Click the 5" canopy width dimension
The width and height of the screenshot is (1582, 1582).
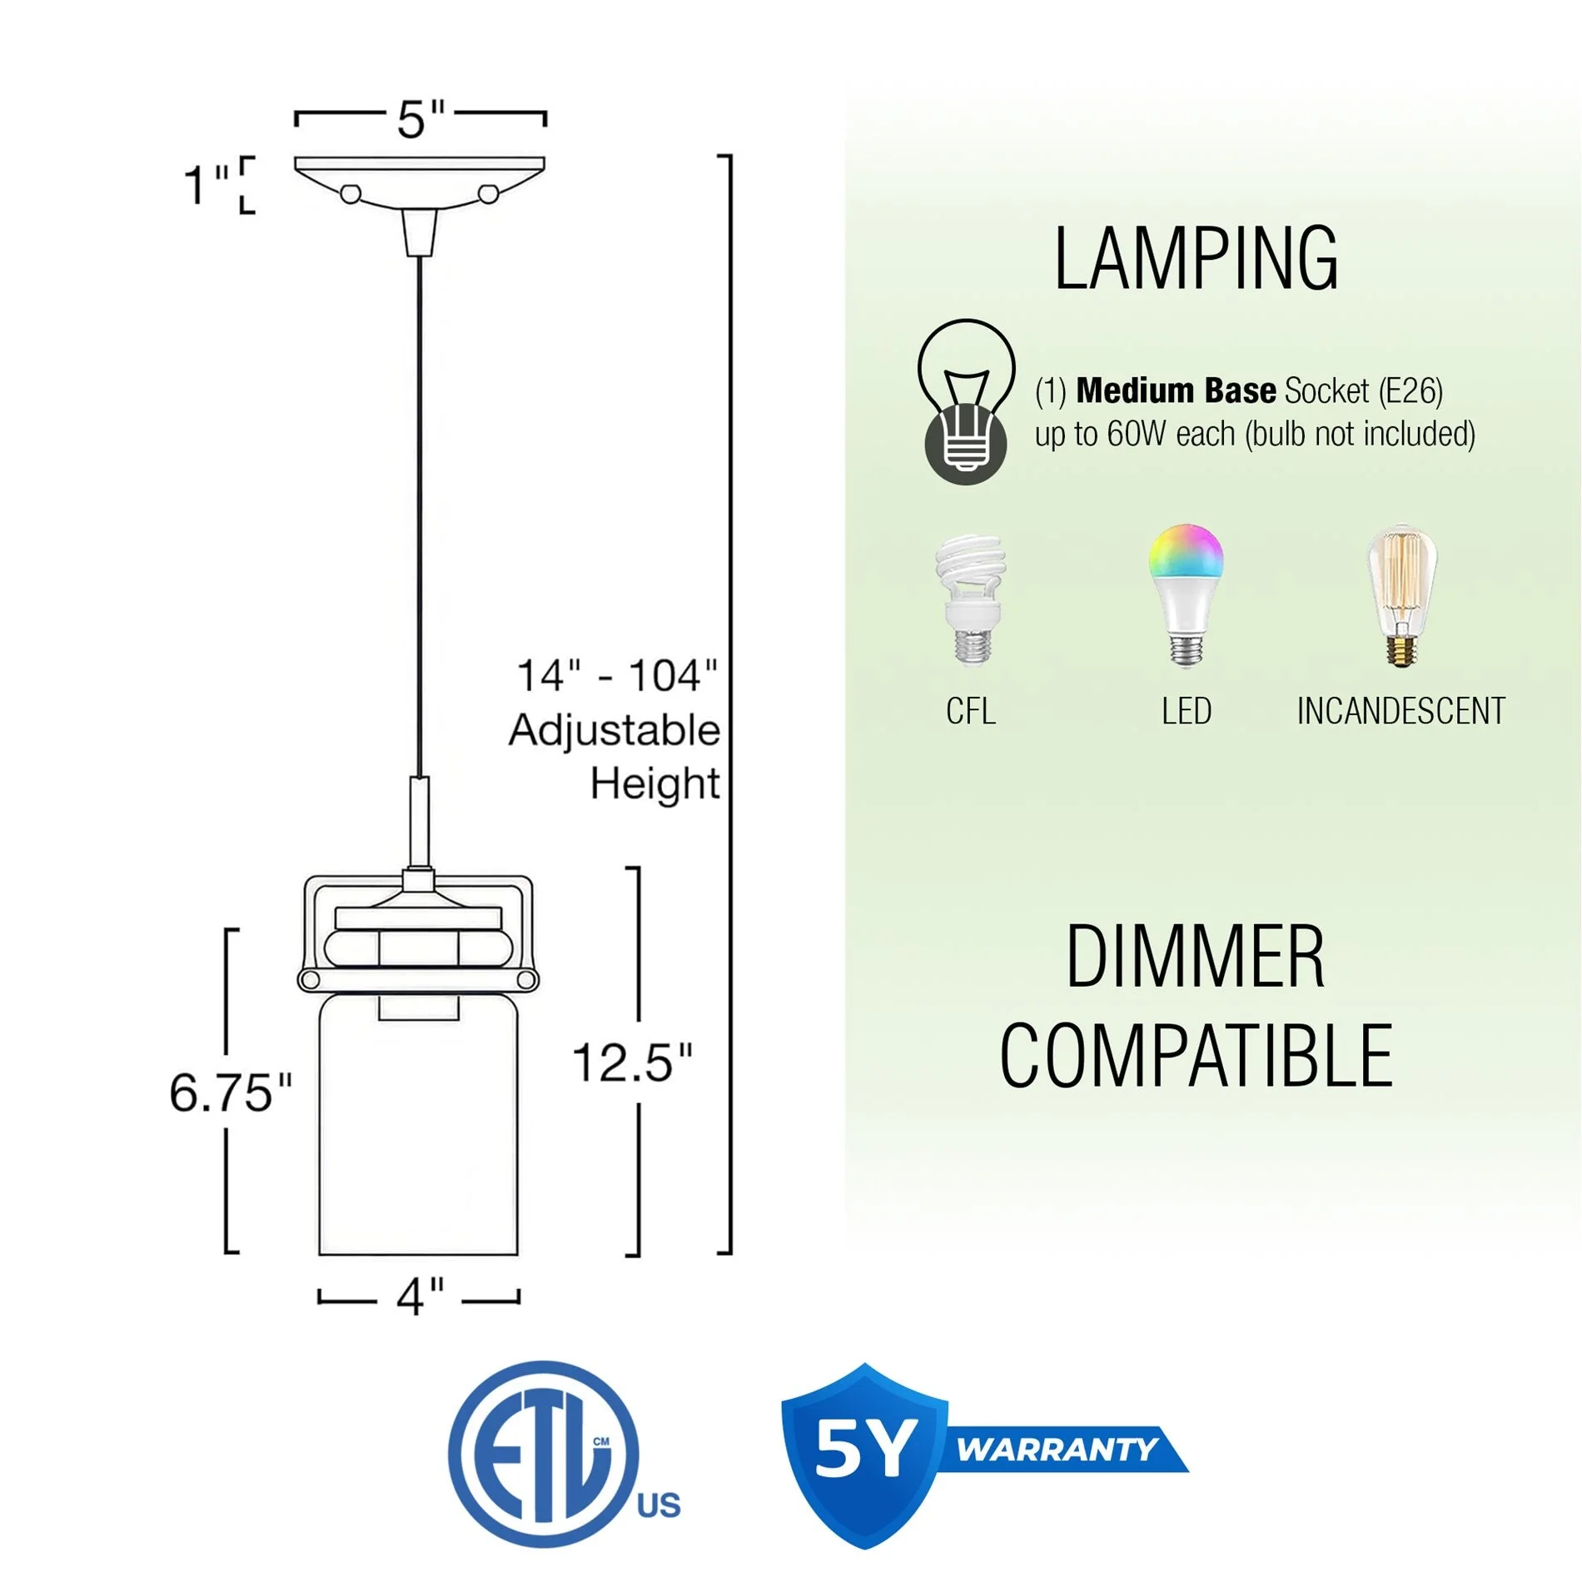pyautogui.click(x=420, y=119)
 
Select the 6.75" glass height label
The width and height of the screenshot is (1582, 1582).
pyautogui.click(x=231, y=1092)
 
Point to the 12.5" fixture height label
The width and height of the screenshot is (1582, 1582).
pyautogui.click(x=632, y=1063)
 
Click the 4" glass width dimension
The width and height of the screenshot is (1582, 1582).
pyautogui.click(x=420, y=1296)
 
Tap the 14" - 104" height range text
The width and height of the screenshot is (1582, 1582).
pyautogui.click(x=616, y=675)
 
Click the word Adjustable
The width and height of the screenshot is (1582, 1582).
pyautogui.click(x=614, y=730)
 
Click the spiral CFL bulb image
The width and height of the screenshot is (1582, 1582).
pyautogui.click(x=970, y=599)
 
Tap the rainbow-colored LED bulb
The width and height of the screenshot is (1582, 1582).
pyautogui.click(x=1186, y=594)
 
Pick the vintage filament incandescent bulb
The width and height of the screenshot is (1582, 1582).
pyautogui.click(x=1401, y=594)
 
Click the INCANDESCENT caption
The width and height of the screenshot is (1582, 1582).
pyautogui.click(x=1400, y=711)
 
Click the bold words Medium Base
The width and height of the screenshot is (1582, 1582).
pyautogui.click(x=1176, y=391)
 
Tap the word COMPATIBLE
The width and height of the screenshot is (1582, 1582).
pyautogui.click(x=1196, y=1057)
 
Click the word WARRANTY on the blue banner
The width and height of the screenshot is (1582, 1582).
pyautogui.click(x=1056, y=1450)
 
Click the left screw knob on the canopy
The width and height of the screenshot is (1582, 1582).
pyautogui.click(x=351, y=194)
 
